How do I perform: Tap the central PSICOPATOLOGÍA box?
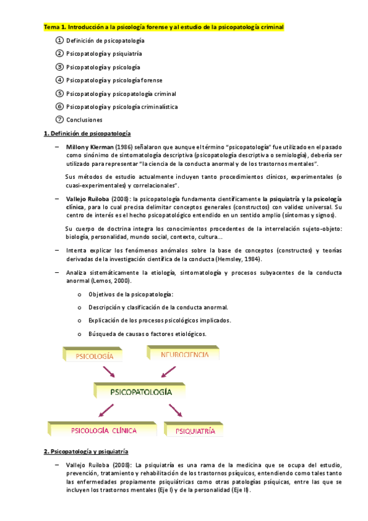[141, 391]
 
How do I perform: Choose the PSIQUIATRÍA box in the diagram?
[195, 431]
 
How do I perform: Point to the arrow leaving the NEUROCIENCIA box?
[168, 372]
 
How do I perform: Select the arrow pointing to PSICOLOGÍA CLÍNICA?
[104, 410]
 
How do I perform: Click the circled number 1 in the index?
[60, 40]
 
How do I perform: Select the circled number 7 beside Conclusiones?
[60, 119]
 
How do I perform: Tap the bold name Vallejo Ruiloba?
[88, 199]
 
